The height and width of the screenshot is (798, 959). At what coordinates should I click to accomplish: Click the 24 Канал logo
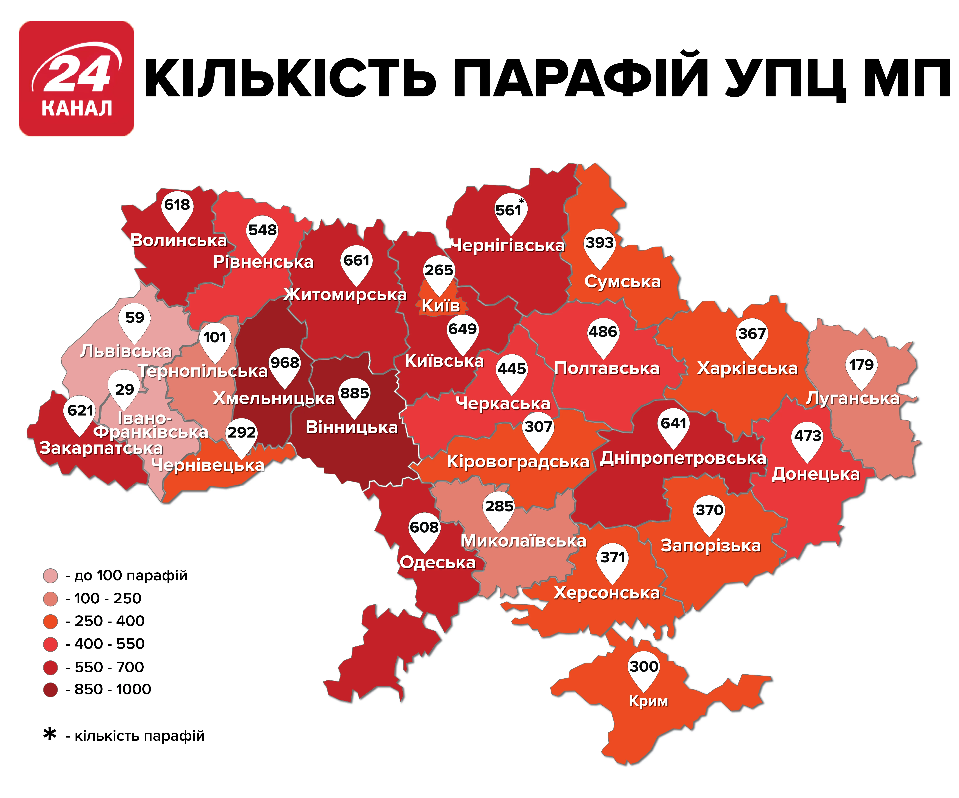(76, 78)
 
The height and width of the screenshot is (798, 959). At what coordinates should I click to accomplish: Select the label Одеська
(437, 562)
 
